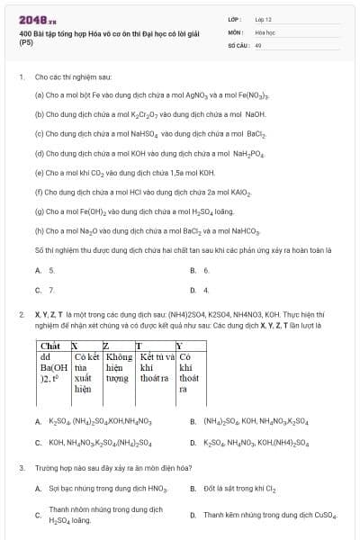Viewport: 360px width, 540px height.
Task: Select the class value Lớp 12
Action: [x=263, y=18]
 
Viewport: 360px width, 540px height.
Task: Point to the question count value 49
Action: [x=258, y=44]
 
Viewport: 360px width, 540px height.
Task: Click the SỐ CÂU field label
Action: [x=238, y=44]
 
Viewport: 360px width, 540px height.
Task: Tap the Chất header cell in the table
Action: [x=51, y=346]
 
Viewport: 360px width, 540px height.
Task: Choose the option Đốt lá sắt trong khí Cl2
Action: [x=243, y=488]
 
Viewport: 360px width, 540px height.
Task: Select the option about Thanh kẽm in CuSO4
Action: [x=269, y=515]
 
